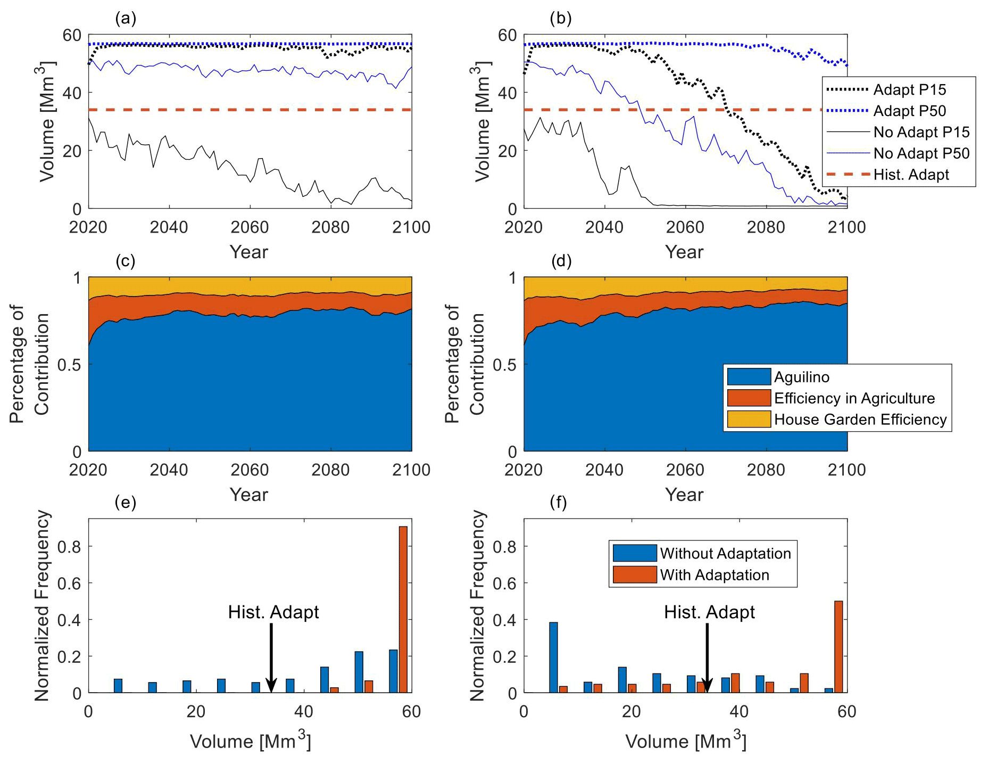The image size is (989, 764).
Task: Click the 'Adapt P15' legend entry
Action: point(909,89)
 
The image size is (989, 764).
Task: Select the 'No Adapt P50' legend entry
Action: point(921,153)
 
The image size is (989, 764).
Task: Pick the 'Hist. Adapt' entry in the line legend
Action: point(911,175)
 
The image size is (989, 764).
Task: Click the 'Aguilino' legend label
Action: point(801,377)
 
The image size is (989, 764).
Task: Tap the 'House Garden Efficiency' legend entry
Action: point(860,420)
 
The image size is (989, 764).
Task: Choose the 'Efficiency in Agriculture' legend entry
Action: point(854,398)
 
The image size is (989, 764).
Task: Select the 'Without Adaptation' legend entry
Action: point(725,553)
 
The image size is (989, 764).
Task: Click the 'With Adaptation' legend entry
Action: point(714,575)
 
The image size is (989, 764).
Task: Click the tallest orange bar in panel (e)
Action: point(403,609)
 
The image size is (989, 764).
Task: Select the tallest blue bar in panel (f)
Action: point(553,657)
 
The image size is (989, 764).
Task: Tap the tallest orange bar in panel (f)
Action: point(838,646)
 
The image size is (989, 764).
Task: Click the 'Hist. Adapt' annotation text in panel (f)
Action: point(709,612)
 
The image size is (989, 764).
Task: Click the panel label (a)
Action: point(126,19)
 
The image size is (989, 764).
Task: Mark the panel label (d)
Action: point(561,261)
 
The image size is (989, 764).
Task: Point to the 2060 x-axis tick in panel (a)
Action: point(250,227)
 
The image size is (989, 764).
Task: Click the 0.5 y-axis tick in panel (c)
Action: point(70,365)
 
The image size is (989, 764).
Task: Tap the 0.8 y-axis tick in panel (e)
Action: point(69,547)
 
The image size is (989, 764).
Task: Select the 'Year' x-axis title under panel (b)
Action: point(684,252)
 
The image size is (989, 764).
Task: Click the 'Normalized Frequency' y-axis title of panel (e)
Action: point(42,605)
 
